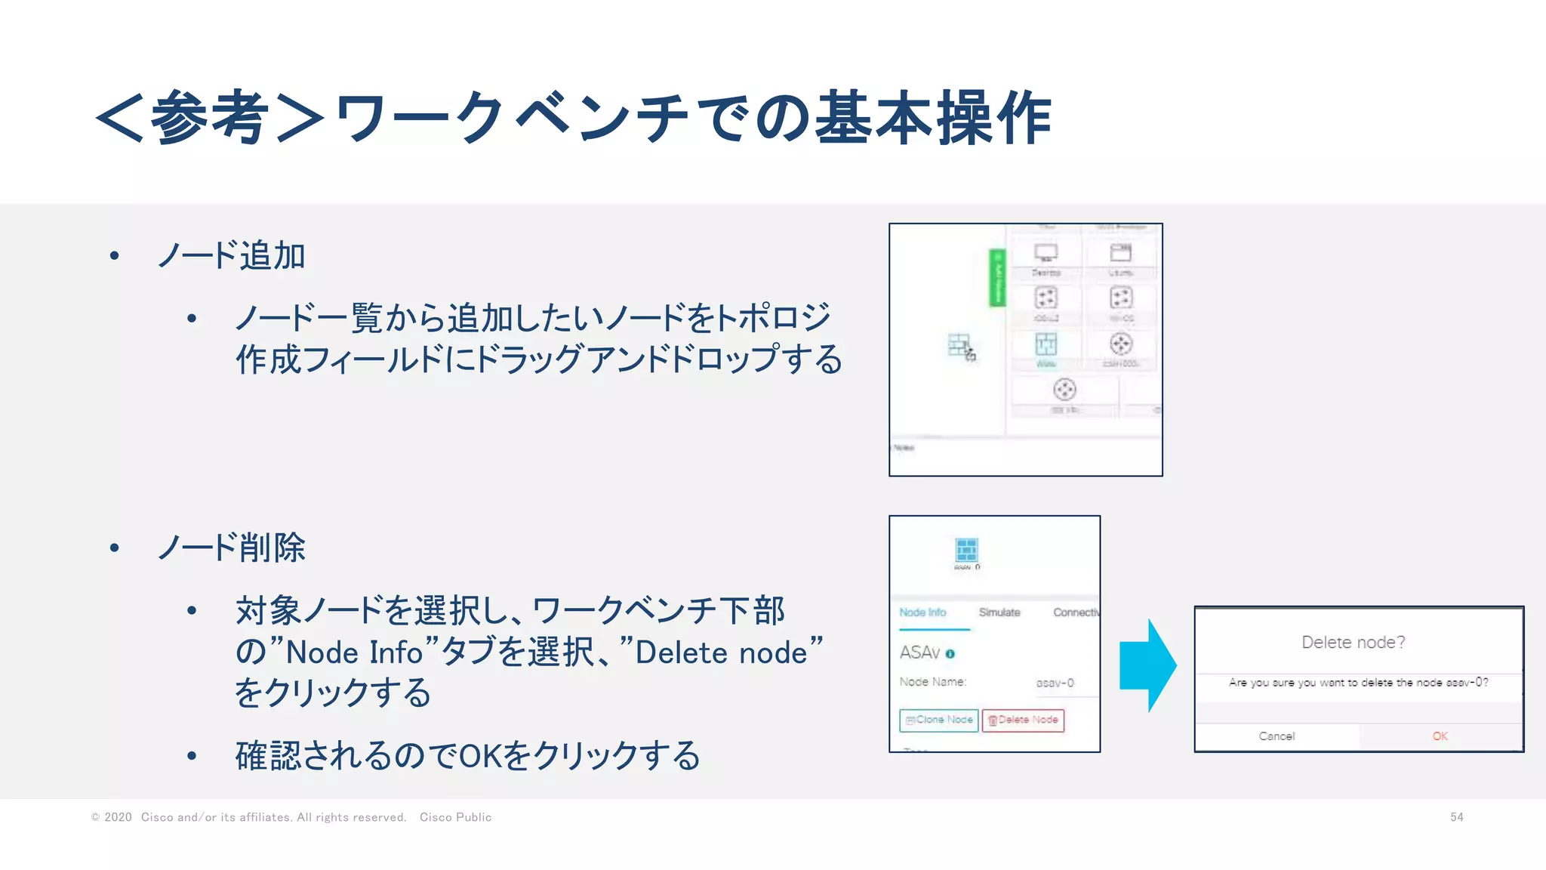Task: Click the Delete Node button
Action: (x=1023, y=720)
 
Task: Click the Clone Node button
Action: (x=938, y=720)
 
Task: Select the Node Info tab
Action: (x=922, y=612)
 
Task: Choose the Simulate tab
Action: (x=999, y=612)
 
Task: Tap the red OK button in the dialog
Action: (x=1440, y=736)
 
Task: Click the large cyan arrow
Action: (x=1147, y=665)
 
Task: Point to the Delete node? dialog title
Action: (x=1353, y=643)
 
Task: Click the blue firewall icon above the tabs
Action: (x=966, y=550)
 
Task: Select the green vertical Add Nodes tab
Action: (x=997, y=277)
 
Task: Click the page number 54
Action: (x=1456, y=817)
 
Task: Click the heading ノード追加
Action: (x=231, y=256)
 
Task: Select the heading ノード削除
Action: (x=231, y=548)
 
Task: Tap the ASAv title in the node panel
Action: (x=919, y=652)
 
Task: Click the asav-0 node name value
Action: (x=1055, y=683)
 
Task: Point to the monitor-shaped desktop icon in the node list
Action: (x=1046, y=253)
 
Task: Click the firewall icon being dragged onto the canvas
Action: (x=959, y=346)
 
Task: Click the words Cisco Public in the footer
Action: (x=455, y=817)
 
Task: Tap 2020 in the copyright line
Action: (x=118, y=817)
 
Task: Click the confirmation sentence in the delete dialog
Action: (x=1358, y=683)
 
